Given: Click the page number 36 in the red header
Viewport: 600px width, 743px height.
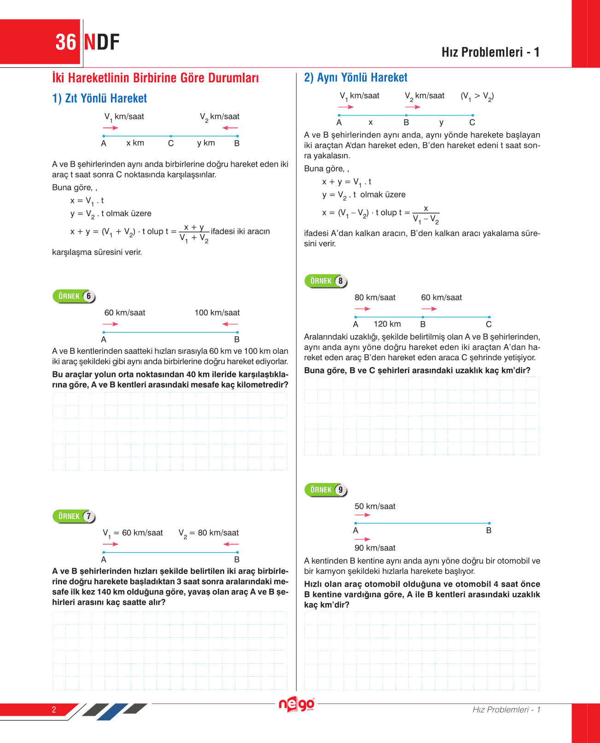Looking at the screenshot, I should coord(66,42).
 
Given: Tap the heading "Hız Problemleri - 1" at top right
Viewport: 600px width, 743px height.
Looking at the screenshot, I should coord(490,52).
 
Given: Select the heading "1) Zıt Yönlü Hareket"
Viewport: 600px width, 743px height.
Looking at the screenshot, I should coord(99,98).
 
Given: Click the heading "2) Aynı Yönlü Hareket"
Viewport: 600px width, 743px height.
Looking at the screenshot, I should coord(355,78).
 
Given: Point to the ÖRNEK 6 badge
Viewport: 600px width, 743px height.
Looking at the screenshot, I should coord(74,296).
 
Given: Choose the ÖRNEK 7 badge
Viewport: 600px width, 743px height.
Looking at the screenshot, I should coord(74,516).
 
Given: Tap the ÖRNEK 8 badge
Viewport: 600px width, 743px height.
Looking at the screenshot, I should coord(326,281).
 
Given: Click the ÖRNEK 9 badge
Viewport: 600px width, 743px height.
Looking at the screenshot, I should coord(326,490).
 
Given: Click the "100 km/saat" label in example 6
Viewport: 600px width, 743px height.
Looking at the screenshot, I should coord(217,313).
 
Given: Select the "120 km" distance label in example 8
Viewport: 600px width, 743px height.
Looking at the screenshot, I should coord(387,324).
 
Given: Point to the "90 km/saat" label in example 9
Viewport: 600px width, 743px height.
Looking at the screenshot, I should coord(375,548).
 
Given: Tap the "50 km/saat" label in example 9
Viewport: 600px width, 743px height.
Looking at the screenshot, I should coord(375,507).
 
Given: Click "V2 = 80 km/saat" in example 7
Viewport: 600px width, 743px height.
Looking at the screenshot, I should coord(209,533).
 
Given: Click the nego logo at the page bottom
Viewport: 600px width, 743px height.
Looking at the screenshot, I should coord(297,704).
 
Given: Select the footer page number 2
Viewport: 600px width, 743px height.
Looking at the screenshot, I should coord(54,709).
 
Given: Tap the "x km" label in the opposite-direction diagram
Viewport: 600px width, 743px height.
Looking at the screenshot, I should coord(135,143).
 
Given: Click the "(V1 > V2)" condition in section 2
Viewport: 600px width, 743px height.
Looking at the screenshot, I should coord(477,96).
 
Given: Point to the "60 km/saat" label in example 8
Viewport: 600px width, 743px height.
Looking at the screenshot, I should coord(441,298).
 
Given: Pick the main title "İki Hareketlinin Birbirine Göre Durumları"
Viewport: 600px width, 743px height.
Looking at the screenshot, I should coord(155,78).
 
